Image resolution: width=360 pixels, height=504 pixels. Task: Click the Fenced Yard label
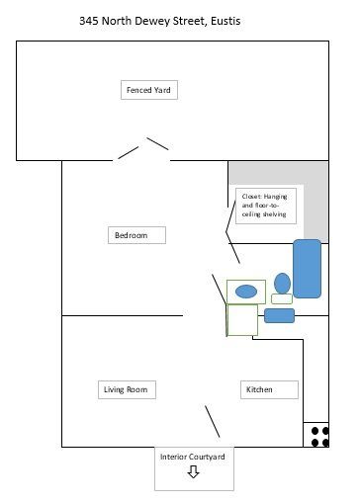click(149, 90)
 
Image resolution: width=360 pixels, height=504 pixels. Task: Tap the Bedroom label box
click(136, 235)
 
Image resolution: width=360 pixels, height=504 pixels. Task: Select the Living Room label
click(127, 389)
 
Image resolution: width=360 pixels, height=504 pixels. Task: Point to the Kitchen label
click(269, 389)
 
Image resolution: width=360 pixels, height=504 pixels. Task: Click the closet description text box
click(266, 206)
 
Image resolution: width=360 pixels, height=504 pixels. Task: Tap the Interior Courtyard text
click(193, 457)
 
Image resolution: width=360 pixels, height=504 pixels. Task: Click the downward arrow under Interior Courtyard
click(193, 471)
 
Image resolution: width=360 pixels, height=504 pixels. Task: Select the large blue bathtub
click(307, 269)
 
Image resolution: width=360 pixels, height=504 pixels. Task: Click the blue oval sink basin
click(246, 292)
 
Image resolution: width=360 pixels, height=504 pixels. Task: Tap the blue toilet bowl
click(282, 284)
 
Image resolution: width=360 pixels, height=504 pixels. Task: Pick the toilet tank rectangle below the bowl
click(282, 298)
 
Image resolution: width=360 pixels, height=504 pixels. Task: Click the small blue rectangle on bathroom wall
click(279, 315)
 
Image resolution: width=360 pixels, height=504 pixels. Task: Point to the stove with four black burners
click(316, 435)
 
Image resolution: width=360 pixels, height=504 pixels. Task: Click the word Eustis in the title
click(225, 21)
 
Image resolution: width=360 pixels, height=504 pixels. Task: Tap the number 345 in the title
click(89, 21)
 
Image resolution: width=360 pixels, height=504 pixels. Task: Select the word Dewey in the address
click(152, 21)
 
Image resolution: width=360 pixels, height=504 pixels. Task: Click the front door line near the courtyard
click(213, 422)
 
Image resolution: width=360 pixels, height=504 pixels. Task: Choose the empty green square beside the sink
click(242, 320)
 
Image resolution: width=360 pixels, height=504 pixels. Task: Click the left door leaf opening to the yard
click(129, 152)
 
